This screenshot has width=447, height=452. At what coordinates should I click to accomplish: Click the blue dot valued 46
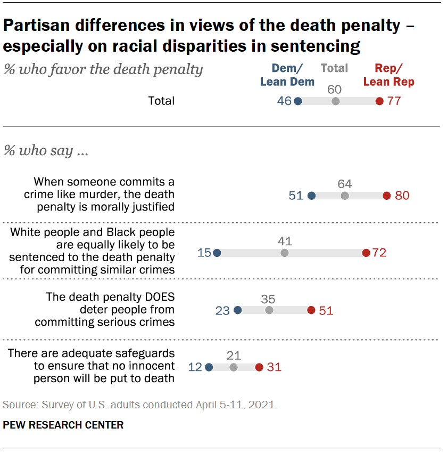pos(298,101)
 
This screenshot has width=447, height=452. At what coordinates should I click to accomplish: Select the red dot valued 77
pos(379,101)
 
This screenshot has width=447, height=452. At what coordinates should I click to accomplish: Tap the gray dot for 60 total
pos(335,101)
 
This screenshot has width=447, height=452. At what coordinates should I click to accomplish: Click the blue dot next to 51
pos(312,196)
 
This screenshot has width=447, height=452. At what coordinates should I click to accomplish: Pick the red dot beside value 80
pos(387,196)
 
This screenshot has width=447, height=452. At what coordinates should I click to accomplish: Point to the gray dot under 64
pos(345,196)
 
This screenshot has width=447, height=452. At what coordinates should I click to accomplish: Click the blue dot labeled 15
pos(217,253)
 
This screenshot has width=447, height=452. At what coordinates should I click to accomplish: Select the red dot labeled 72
pos(366,253)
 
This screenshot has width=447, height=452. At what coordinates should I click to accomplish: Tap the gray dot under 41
pos(285,253)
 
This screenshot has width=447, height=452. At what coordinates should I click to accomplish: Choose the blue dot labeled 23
pos(238,310)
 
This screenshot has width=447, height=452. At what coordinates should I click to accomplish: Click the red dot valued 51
pos(311,310)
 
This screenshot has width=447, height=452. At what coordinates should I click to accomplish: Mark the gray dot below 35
pos(269,310)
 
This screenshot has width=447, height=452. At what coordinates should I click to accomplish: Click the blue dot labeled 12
pos(209,367)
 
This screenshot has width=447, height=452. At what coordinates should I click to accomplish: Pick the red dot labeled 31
pos(259,367)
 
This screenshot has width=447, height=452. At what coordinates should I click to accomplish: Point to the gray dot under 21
pos(233,367)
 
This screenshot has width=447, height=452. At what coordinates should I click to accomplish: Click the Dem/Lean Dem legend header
pos(287,75)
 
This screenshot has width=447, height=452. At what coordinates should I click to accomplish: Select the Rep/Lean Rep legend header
pos(389,75)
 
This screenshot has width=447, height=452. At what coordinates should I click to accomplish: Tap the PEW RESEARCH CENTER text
pos(63,425)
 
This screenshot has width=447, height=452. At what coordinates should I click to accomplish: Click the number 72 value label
pos(379,253)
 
